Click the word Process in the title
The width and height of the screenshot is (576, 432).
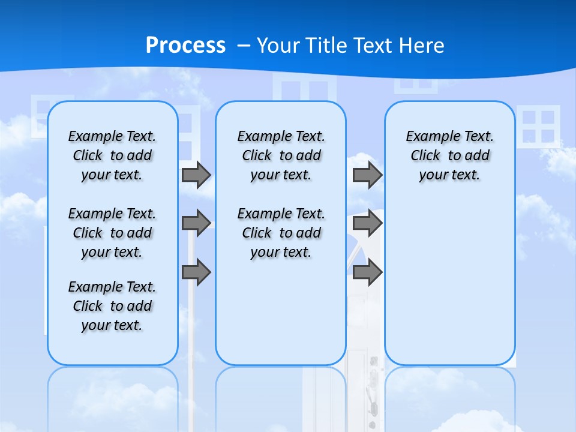tap(185, 46)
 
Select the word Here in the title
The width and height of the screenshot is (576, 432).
tap(422, 46)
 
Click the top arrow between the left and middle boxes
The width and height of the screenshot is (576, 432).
tap(196, 175)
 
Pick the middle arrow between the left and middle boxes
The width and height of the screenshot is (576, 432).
tap(196, 223)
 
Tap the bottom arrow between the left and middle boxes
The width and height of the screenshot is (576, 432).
tap(196, 272)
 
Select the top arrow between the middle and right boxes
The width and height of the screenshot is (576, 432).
tap(367, 175)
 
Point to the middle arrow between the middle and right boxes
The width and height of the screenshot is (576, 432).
tap(367, 223)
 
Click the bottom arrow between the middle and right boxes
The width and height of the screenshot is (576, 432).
tap(367, 272)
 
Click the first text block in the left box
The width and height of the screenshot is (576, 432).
tap(112, 155)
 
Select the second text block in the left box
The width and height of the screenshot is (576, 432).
tap(112, 233)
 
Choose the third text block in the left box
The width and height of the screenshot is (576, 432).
tap(112, 306)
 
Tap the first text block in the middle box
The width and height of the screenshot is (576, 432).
tap(281, 155)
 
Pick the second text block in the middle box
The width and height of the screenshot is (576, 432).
tap(281, 233)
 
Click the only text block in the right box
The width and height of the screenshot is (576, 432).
tap(449, 155)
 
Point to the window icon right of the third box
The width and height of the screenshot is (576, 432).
tap(538, 126)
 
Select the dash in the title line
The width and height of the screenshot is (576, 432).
tap(244, 46)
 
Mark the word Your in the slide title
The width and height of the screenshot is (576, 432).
tap(278, 46)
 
